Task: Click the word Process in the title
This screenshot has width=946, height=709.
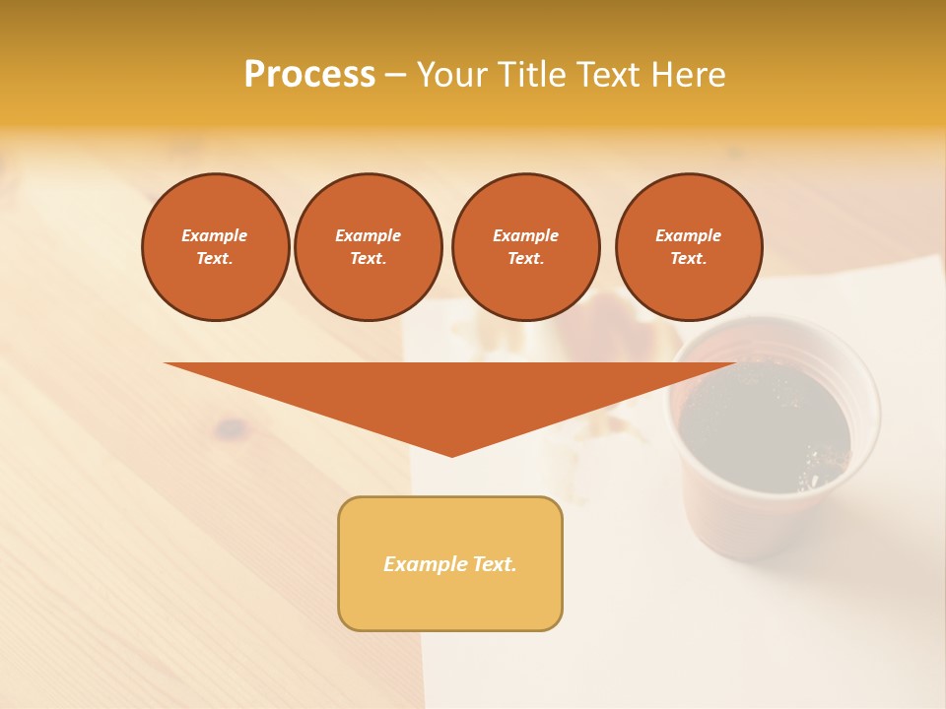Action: coord(309,75)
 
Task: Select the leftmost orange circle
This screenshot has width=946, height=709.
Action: coord(216,247)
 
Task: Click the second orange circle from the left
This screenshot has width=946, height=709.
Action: coord(369,247)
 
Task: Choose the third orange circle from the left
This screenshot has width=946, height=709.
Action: coord(526,247)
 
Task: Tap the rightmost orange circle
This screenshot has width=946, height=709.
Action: coord(689,247)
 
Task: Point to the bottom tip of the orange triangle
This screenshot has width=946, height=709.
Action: coord(451,454)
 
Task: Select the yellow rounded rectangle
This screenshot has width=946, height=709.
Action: coord(450,563)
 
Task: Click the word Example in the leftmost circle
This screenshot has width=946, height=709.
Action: coord(215,235)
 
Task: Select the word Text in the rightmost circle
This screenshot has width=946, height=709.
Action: coord(689,259)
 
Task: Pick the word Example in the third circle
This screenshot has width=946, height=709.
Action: coord(526,235)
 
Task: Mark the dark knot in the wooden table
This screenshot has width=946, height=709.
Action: coord(233,427)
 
